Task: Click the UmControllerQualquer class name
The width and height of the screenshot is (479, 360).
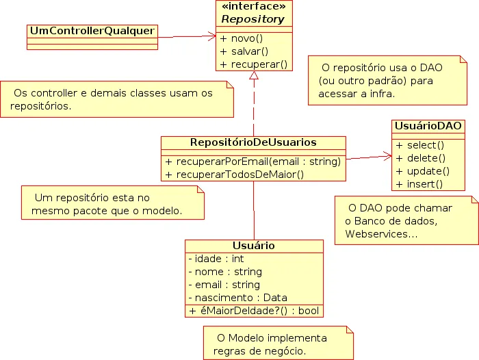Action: (x=92, y=31)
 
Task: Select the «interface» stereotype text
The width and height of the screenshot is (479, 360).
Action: (x=254, y=8)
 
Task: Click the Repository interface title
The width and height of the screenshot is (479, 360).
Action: (x=254, y=20)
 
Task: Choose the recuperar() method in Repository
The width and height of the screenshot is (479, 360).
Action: (x=253, y=64)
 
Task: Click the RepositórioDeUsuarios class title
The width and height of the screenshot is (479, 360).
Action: (x=253, y=142)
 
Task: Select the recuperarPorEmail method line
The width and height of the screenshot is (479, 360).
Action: (x=253, y=162)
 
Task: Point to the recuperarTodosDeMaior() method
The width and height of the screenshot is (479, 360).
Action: (x=235, y=175)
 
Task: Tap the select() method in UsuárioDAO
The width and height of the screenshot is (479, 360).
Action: (x=420, y=145)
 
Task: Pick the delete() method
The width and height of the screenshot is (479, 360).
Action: (x=420, y=158)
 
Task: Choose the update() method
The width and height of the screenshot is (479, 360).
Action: (x=422, y=171)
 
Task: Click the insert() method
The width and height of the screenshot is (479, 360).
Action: (x=419, y=183)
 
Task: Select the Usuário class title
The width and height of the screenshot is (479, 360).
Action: (x=253, y=246)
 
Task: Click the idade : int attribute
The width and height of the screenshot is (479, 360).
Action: (x=216, y=259)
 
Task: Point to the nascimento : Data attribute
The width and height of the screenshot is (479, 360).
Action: (x=237, y=298)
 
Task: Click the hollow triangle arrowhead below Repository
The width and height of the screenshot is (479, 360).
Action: (x=254, y=76)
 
